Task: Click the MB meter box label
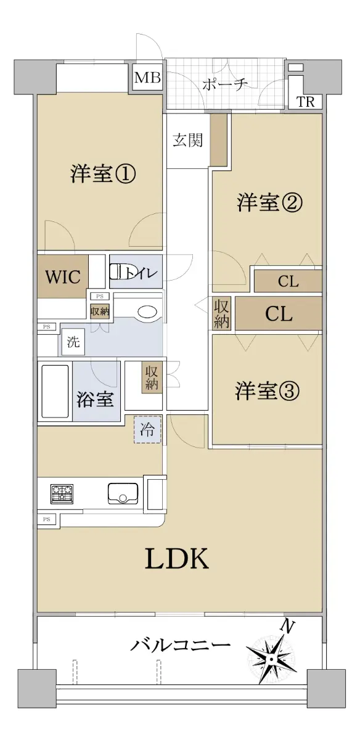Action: pos(147,78)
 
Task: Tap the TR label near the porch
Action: pos(306,102)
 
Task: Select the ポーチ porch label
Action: pos(225,84)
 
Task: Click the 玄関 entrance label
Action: pos(188,141)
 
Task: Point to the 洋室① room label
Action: pos(103,174)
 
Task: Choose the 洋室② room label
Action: pos(269,202)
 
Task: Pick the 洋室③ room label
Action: pos(268,390)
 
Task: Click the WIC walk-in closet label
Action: pos(63,276)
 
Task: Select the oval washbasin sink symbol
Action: pos(147,312)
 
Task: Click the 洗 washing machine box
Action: pos(73,342)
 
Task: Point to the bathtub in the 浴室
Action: pos(55,392)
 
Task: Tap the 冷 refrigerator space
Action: pos(147,429)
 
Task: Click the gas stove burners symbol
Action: pos(62,494)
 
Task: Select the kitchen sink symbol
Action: pos(123,493)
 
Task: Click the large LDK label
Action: pos(177,558)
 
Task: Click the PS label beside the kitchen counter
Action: pos(47,519)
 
